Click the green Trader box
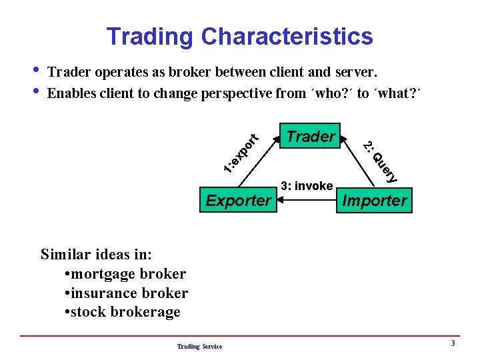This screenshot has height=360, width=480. pyautogui.click(x=311, y=137)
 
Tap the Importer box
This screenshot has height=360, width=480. pyautogui.click(x=375, y=200)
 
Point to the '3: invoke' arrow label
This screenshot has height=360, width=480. pyautogui.click(x=307, y=186)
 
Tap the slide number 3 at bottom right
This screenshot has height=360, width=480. pyautogui.click(x=453, y=343)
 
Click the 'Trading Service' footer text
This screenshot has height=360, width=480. pyautogui.click(x=199, y=345)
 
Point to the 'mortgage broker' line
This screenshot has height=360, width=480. pyautogui.click(x=127, y=273)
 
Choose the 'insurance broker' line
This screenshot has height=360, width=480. pyautogui.click(x=127, y=293)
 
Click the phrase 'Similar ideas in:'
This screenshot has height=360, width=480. pyautogui.click(x=96, y=254)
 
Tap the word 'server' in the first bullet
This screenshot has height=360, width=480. pyautogui.click(x=358, y=71)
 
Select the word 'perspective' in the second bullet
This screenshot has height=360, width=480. pyautogui.click(x=233, y=93)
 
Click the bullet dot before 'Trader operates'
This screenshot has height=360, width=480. pyautogui.click(x=35, y=69)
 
